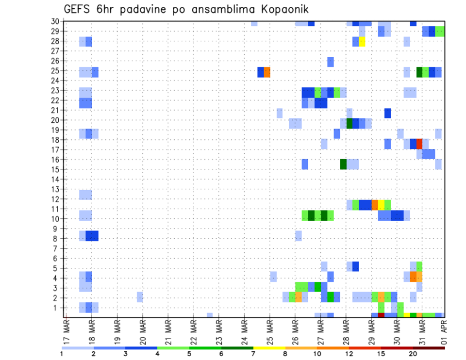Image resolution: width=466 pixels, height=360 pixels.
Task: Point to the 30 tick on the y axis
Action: pyautogui.click(x=55, y=21)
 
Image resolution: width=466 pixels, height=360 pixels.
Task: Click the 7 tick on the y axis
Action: pyautogui.click(x=57, y=248)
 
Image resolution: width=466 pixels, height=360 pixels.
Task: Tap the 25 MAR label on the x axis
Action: pyautogui.click(x=270, y=332)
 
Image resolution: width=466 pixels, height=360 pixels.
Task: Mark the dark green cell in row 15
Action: pyautogui.click(x=343, y=164)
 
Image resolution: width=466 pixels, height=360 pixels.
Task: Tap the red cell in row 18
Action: pyautogui.click(x=419, y=144)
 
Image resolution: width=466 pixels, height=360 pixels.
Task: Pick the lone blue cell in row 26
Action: pyautogui.click(x=331, y=62)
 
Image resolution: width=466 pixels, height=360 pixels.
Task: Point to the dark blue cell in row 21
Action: pyautogui.click(x=387, y=113)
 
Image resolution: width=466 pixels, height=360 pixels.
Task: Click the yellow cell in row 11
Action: pyautogui.click(x=381, y=204)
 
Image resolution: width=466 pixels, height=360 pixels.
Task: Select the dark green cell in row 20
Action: pyautogui.click(x=349, y=123)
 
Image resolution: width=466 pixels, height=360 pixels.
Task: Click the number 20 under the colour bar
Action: pyautogui.click(x=413, y=354)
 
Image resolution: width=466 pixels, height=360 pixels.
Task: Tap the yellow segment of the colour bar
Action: pyautogui.click(x=269, y=347)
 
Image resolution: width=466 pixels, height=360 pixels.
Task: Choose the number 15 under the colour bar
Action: pyautogui.click(x=381, y=354)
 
